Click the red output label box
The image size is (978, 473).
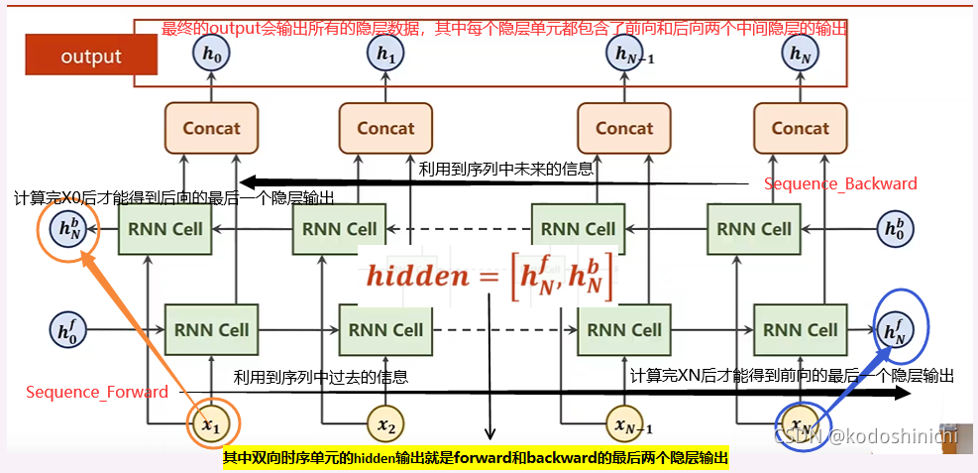[x=91, y=57]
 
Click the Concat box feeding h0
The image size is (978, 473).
[x=212, y=127]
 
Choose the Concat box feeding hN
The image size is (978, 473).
[x=800, y=127]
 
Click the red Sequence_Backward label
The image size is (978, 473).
[x=840, y=183]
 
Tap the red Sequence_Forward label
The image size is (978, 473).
[x=97, y=392]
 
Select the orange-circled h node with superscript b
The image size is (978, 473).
[x=68, y=229]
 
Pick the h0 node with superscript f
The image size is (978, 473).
[x=68, y=329]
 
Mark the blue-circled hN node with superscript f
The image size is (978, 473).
[x=894, y=327]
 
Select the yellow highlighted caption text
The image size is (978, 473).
[x=476, y=458]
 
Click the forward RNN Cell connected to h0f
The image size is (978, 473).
[x=210, y=329]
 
